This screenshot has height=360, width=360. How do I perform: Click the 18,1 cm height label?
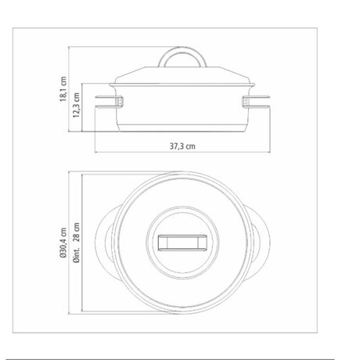[x=63, y=89]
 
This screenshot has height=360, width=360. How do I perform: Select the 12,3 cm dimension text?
[x=76, y=105]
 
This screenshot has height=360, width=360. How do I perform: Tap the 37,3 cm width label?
[x=182, y=146]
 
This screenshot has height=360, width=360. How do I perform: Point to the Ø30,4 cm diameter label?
[x=63, y=243]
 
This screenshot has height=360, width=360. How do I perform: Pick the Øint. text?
[x=76, y=254]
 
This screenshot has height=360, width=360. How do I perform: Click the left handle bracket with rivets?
[x=120, y=102]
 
